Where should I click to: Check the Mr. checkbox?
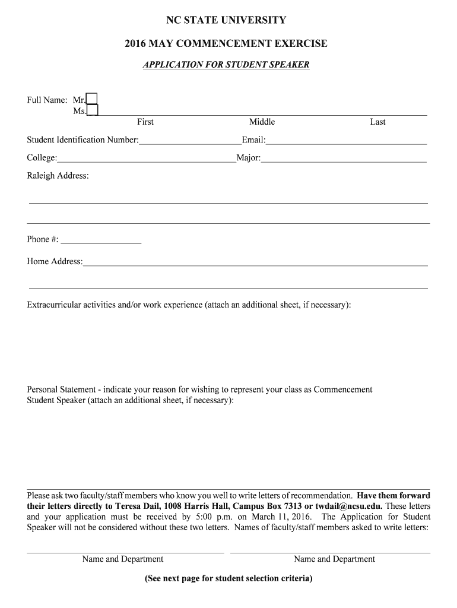coord(92,99)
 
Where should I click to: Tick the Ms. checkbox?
coord(93,110)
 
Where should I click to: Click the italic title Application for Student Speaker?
coord(226,64)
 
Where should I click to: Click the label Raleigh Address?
coord(58,176)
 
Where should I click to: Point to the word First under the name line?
coord(145,122)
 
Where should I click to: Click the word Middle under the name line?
coord(262,122)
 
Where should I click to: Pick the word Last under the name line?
coord(377,122)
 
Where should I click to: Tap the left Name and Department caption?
coord(123,559)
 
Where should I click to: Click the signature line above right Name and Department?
coord(330,552)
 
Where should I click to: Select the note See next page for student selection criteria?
coord(228,578)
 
